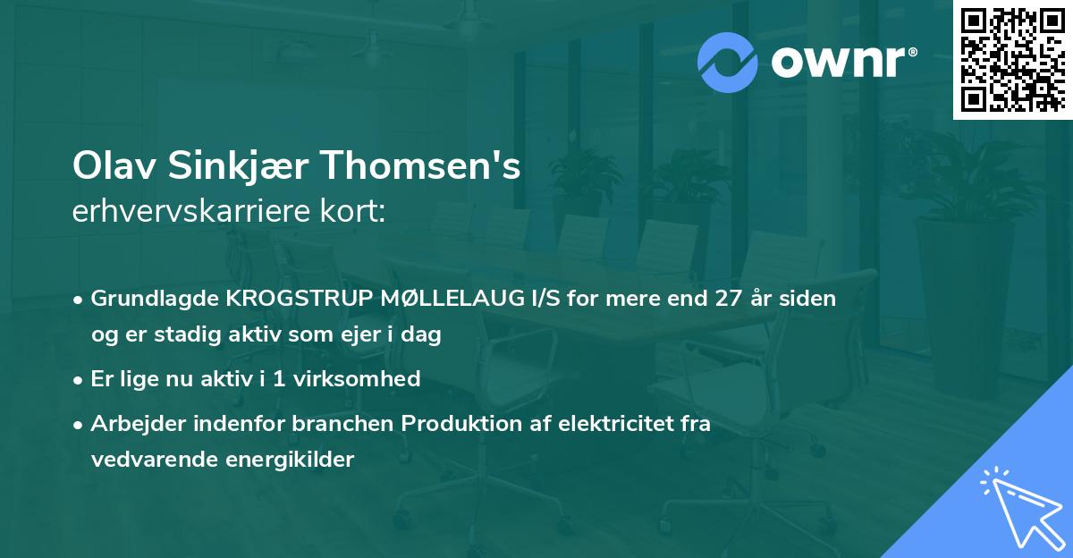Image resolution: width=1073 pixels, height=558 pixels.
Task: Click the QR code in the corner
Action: (x=1012, y=59)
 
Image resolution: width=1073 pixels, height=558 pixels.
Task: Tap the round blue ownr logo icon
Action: (x=728, y=62)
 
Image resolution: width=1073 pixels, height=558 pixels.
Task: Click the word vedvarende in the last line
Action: (x=148, y=460)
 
